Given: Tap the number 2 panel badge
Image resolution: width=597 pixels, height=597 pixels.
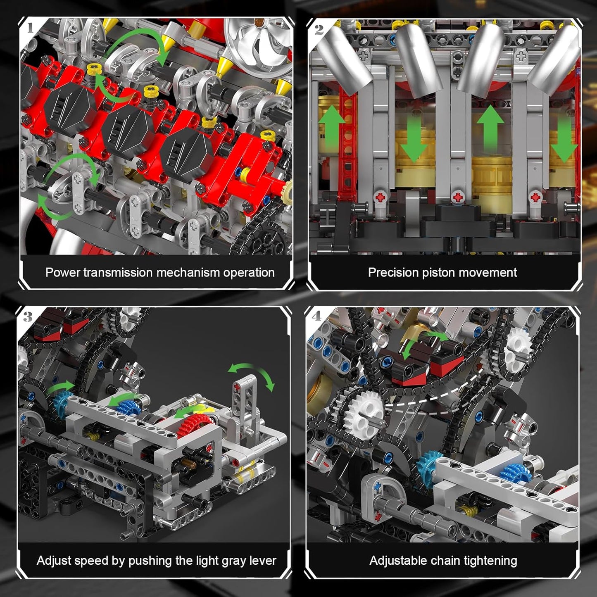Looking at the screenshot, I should (319, 29).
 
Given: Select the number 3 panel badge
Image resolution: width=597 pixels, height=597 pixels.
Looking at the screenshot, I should (28, 317).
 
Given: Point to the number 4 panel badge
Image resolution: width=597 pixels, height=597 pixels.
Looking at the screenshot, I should (316, 316).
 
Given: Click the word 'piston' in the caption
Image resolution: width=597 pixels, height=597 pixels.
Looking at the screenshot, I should (441, 273).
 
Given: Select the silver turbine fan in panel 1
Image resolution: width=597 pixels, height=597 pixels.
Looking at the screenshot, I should (259, 43).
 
